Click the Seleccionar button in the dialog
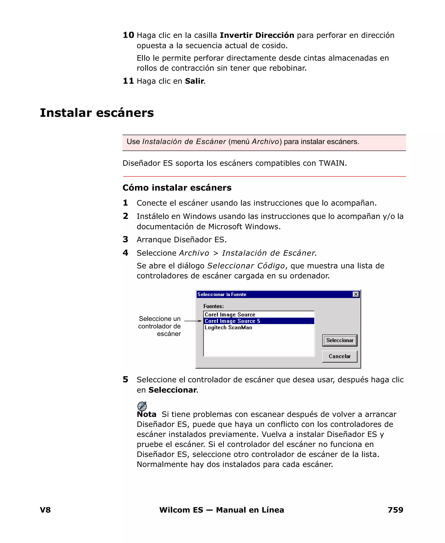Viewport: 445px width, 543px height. [339, 340]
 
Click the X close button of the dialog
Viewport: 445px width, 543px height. [355, 294]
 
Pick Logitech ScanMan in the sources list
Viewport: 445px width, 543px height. [228, 327]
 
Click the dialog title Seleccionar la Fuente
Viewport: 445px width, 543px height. [222, 294]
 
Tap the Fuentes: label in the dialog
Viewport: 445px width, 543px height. [213, 306]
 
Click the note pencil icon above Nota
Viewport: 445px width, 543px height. [142, 406]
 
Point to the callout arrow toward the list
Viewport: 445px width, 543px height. [193, 321]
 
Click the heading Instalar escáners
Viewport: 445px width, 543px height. [97, 113]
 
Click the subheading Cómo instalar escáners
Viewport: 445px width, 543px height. [177, 188]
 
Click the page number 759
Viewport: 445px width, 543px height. [395, 510]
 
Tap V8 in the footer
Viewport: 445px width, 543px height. [45, 510]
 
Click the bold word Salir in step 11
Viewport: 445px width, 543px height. [194, 81]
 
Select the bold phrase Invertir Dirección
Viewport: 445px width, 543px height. [257, 35]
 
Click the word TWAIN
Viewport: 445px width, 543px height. [332, 163]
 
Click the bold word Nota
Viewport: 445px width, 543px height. [146, 414]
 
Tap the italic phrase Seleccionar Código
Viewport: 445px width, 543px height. [246, 266]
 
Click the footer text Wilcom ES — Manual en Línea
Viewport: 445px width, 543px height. [221, 510]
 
